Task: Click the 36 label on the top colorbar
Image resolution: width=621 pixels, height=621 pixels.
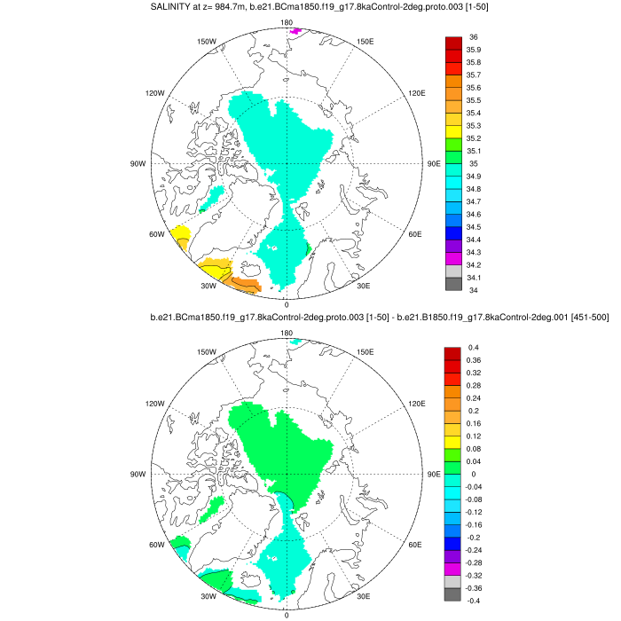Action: [473, 37]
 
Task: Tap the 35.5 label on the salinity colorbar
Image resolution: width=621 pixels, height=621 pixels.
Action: [475, 100]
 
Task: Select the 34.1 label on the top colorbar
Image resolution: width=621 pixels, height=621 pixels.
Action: [475, 277]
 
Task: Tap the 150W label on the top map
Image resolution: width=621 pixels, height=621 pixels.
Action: [207, 42]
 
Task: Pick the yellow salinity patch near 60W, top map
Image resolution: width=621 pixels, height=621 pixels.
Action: [181, 237]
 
